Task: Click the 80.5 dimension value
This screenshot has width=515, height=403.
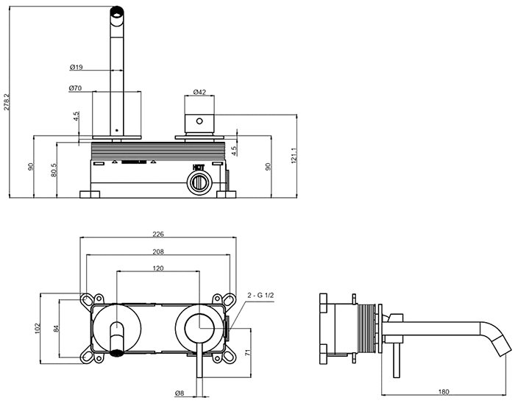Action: (x=54, y=171)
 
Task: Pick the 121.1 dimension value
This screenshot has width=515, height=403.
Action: (x=294, y=155)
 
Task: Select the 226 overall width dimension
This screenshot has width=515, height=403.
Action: (x=157, y=234)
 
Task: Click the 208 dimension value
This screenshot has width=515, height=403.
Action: (x=157, y=252)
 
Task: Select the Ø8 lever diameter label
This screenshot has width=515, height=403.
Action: (x=180, y=393)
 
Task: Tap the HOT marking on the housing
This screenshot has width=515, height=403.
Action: (x=198, y=167)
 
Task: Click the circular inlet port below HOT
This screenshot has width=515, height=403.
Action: (x=199, y=183)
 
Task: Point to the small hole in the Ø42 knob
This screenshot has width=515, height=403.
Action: (x=199, y=120)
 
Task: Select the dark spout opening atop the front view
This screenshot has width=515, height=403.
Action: (x=116, y=12)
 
